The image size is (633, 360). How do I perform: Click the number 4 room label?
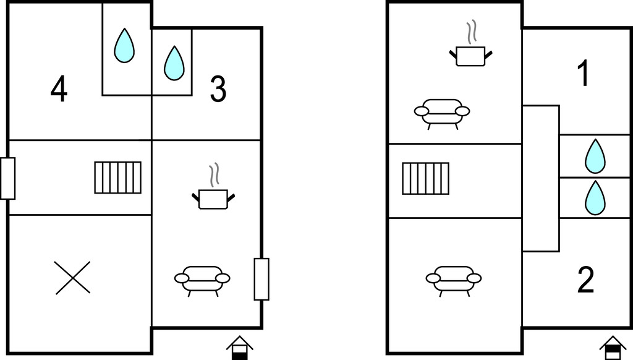(59, 89)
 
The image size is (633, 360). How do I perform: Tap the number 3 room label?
(218, 89)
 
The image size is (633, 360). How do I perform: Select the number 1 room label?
(584, 74)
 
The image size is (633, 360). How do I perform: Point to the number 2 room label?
(586, 280)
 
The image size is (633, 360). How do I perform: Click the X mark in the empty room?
(73, 278)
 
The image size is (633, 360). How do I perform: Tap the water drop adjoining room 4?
(124, 46)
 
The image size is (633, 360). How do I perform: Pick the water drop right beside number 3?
(174, 63)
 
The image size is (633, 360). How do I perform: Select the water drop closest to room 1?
(595, 156)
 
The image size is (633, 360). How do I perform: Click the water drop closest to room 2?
(595, 197)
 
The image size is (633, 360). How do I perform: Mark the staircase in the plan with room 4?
(118, 178)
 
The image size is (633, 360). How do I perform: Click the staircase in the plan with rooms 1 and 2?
(425, 178)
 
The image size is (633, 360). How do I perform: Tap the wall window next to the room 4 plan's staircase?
(7, 178)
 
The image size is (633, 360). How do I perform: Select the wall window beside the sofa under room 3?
(261, 279)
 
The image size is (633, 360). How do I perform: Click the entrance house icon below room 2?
(613, 348)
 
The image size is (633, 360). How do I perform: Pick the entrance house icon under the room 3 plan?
(239, 348)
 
